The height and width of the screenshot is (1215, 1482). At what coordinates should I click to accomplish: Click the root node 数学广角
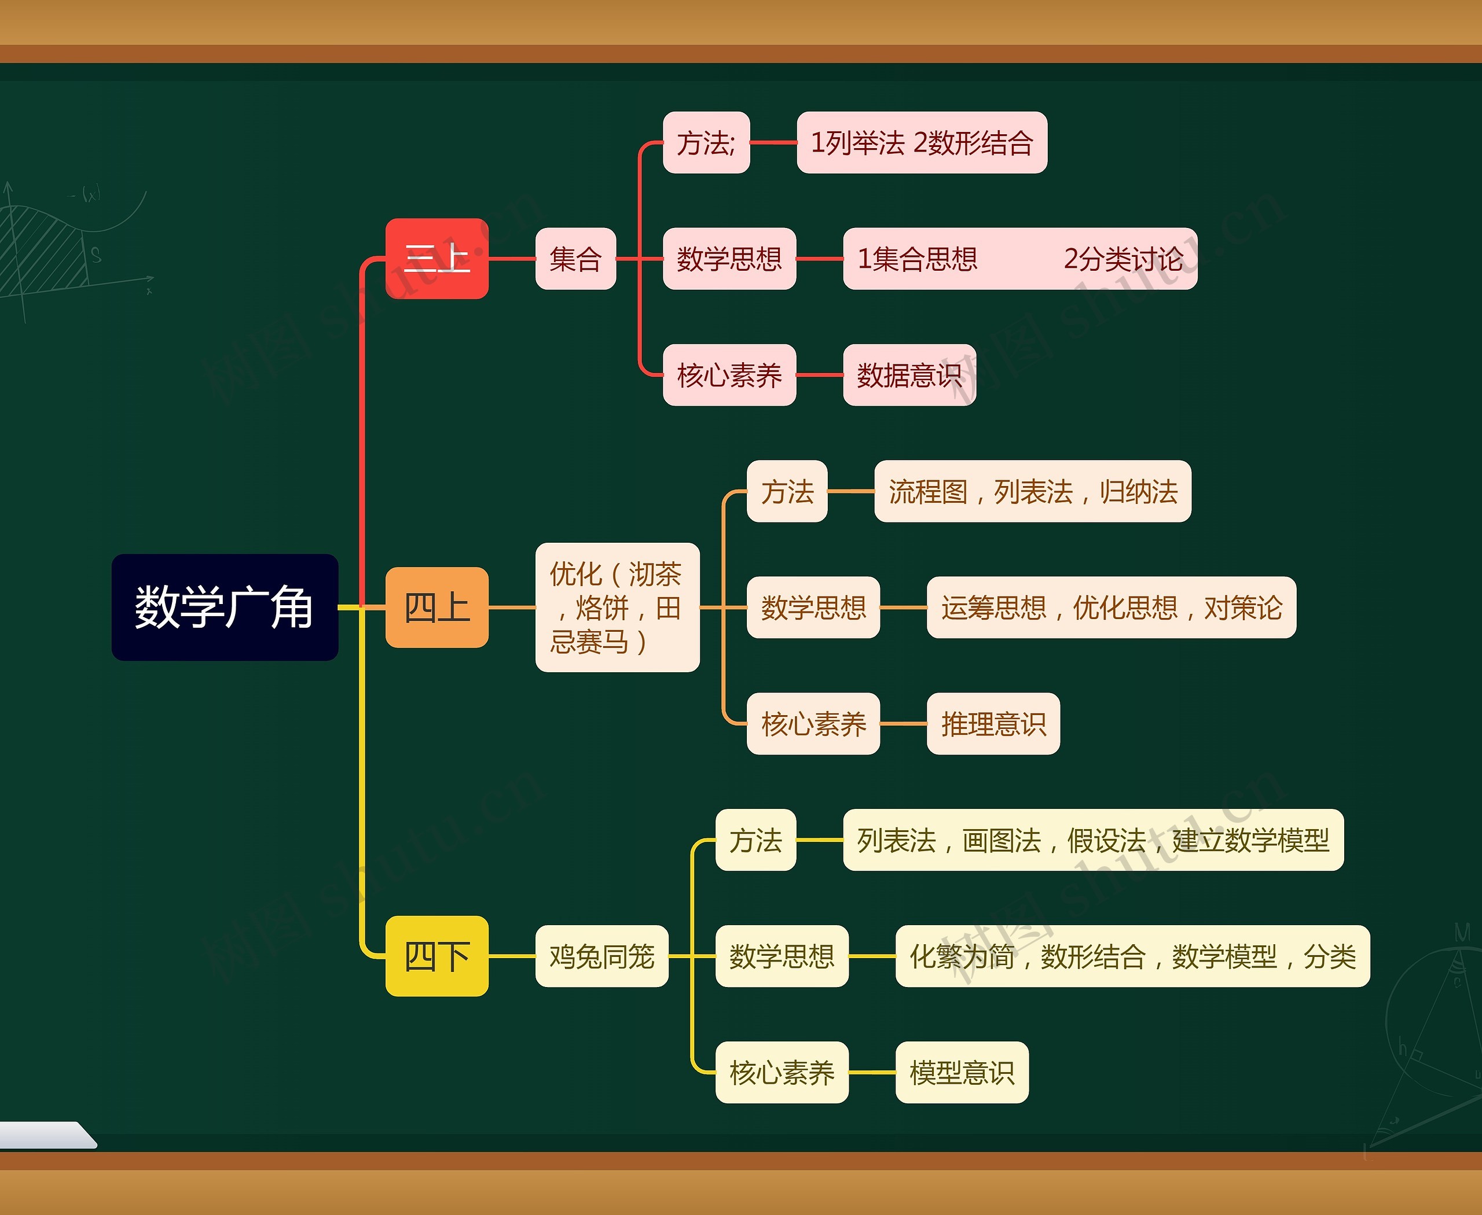225,607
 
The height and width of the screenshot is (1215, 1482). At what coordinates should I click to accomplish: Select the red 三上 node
437,258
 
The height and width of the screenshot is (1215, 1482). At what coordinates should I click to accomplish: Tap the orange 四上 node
437,607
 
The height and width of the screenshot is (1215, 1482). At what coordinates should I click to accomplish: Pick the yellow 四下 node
437,955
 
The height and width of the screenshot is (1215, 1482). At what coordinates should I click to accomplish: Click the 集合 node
575,258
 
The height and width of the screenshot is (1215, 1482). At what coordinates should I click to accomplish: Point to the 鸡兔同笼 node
601,955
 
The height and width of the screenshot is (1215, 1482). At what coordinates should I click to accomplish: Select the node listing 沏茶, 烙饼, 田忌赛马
617,607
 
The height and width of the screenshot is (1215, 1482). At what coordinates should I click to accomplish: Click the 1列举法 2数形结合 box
922,142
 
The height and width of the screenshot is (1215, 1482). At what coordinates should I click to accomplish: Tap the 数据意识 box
909,374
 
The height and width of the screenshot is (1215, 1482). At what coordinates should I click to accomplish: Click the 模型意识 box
962,1072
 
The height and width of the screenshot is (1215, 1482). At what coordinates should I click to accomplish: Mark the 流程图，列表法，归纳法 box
1032,491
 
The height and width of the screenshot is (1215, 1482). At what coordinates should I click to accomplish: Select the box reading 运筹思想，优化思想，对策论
1111,607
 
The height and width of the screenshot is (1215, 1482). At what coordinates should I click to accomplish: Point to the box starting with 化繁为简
1132,955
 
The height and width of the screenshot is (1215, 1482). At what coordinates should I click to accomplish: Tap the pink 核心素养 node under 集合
729,374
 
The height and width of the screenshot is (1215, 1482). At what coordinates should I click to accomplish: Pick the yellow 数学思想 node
782,955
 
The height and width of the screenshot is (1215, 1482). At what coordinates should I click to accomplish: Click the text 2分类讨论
1122,258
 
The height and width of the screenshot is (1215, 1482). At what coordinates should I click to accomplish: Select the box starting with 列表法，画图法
1092,839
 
